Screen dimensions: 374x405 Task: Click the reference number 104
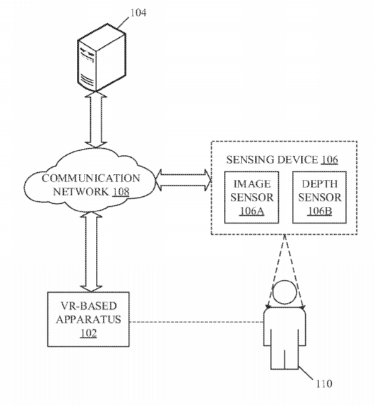pos(138,13)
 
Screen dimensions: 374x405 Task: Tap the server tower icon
pos(102,57)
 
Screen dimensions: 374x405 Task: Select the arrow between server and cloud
pos(96,119)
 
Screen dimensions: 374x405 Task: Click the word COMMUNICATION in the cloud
pos(91,178)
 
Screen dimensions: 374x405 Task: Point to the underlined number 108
pos(120,192)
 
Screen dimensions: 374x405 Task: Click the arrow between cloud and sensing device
pos(184,180)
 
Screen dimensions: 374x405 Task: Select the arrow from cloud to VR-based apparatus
pos(91,252)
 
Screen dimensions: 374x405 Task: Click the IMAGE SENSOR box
pos(252,197)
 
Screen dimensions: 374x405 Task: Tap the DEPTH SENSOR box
pos(320,197)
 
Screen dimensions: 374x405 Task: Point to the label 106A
pos(252,211)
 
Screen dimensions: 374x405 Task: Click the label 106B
pos(320,211)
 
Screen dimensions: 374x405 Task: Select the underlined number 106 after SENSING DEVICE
pos(329,160)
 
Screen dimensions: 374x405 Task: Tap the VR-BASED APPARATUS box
pos(88,319)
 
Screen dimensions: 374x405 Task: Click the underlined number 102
pos(88,333)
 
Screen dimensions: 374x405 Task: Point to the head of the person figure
pos(284,292)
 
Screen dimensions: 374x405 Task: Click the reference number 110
pos(324,384)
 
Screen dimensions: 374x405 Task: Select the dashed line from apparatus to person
pos(196,322)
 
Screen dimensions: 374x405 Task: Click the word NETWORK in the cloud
pos(81,192)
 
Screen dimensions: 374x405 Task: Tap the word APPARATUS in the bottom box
pos(88,319)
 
